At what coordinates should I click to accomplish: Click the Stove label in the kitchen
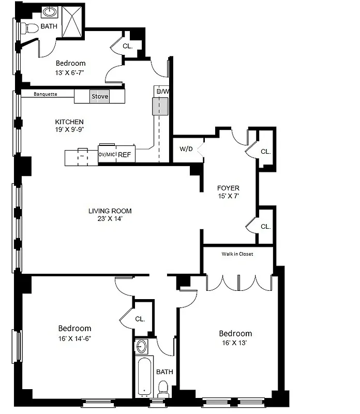(100, 96)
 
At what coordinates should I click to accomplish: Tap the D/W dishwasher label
(161, 92)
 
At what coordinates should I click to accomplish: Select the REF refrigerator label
(124, 155)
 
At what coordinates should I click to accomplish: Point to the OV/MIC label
(107, 155)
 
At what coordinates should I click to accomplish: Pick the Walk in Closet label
(237, 254)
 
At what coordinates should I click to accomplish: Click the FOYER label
(228, 188)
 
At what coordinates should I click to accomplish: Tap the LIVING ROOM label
(110, 211)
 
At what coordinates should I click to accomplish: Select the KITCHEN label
(69, 122)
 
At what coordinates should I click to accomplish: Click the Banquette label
(45, 94)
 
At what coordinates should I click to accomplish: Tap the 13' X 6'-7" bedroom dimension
(70, 73)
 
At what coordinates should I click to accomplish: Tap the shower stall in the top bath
(72, 21)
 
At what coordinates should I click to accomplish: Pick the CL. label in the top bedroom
(127, 46)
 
